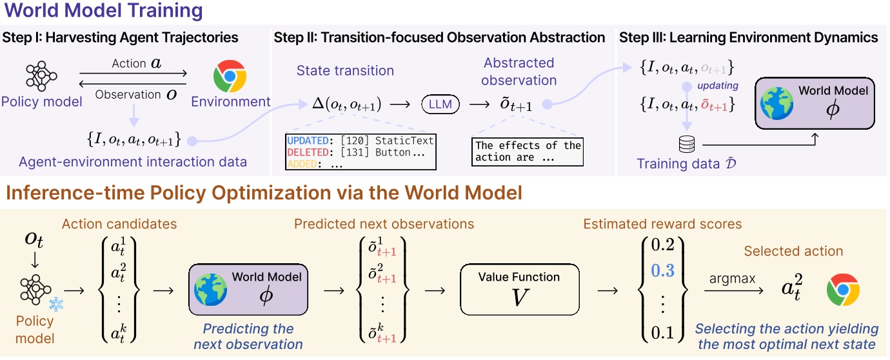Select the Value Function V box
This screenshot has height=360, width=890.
tap(519, 288)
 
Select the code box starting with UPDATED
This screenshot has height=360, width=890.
tap(360, 152)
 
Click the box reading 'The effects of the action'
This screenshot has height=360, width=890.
tap(528, 151)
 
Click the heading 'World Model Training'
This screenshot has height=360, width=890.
tap(104, 11)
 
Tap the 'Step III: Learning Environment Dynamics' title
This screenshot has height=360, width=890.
tap(748, 37)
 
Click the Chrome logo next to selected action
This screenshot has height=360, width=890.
tap(843, 289)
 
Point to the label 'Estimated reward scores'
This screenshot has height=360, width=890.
tap(662, 225)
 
